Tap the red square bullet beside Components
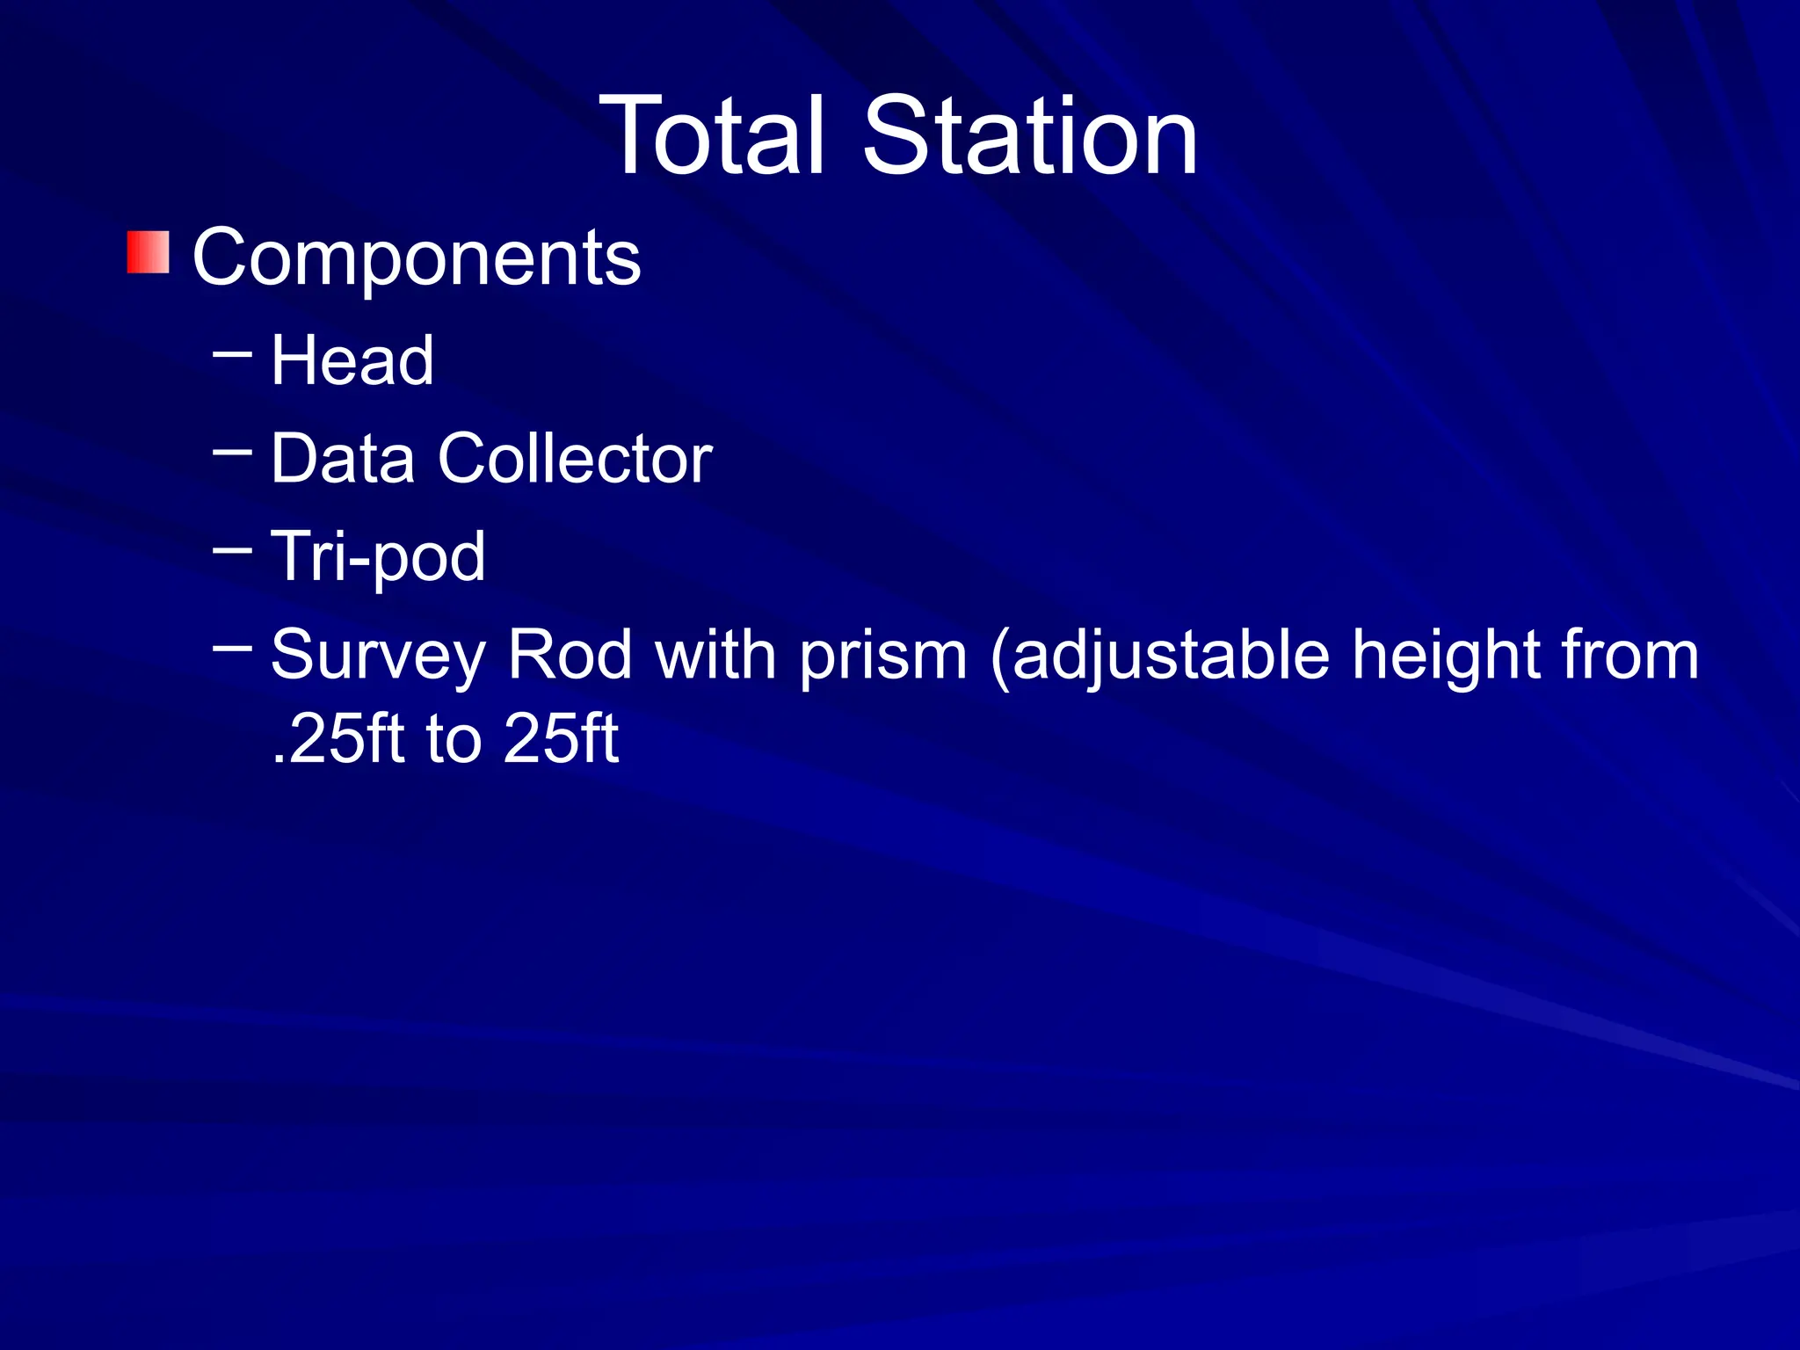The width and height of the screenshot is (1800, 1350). coord(148,253)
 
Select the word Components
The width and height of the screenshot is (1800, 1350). coord(417,258)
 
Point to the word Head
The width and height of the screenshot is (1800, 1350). coord(352,360)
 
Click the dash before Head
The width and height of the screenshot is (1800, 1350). coord(232,355)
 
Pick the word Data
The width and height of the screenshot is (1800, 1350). coord(343,458)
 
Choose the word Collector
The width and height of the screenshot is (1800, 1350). coord(575,458)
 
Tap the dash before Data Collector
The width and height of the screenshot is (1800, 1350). coord(232,453)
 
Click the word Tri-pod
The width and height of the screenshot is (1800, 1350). coord(378,557)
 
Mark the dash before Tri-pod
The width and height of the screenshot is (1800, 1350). coord(232,551)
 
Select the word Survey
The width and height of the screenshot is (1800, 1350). coord(378,656)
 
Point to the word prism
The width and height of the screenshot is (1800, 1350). coord(883,656)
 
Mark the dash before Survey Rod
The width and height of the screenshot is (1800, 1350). coord(232,650)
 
